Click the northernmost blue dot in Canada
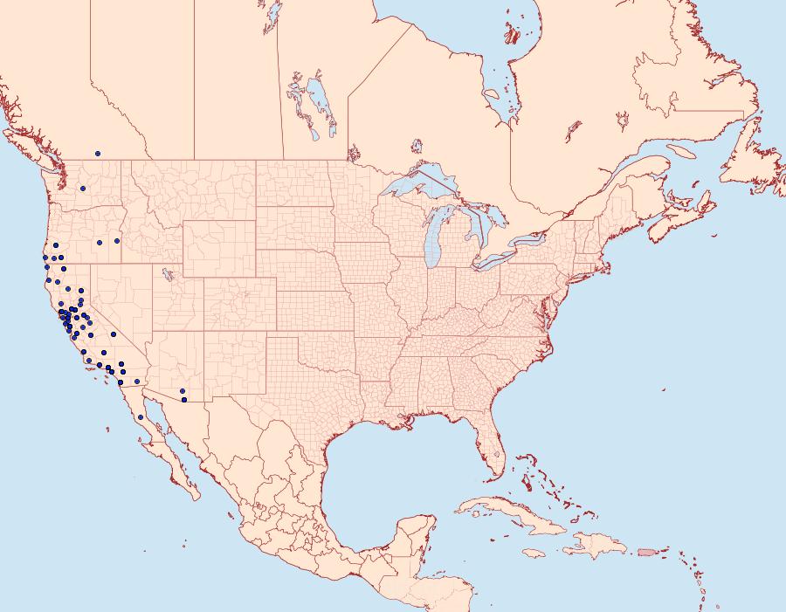pyautogui.click(x=98, y=154)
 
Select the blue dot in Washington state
pyautogui.click(x=83, y=189)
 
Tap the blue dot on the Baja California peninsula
pyautogui.click(x=141, y=417)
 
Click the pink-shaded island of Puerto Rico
pyautogui.click(x=646, y=551)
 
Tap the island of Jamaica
pyautogui.click(x=534, y=553)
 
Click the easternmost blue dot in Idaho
pyautogui.click(x=117, y=241)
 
